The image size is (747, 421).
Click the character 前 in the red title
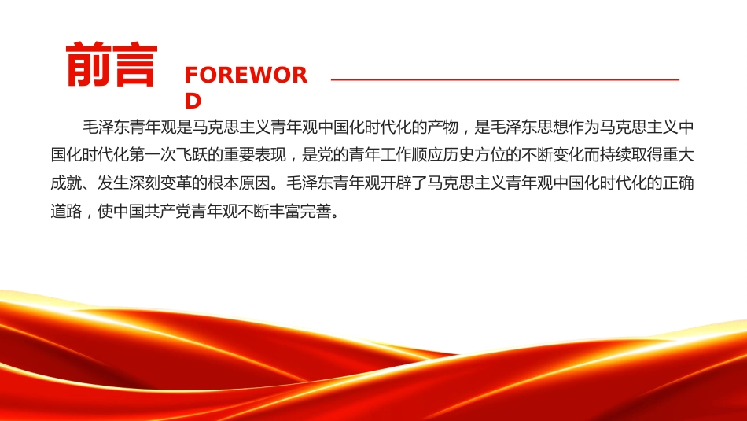(88, 65)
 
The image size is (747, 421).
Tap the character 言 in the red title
(134, 65)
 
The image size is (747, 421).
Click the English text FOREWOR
(246, 76)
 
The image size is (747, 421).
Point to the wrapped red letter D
(193, 101)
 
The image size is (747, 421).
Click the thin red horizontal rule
(505, 79)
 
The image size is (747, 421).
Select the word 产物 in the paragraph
(443, 127)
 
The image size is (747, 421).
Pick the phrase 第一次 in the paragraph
(153, 155)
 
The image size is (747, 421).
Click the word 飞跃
(192, 155)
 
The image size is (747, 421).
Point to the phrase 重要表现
(255, 155)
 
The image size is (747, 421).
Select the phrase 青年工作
(380, 155)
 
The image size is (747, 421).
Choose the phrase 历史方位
(474, 155)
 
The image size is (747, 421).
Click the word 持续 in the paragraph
(616, 155)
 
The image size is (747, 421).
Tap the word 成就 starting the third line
(66, 183)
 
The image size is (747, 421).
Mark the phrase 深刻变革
(160, 183)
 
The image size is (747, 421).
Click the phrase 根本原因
(239, 183)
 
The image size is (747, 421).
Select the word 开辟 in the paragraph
(396, 183)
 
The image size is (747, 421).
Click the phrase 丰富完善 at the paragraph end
(302, 211)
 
